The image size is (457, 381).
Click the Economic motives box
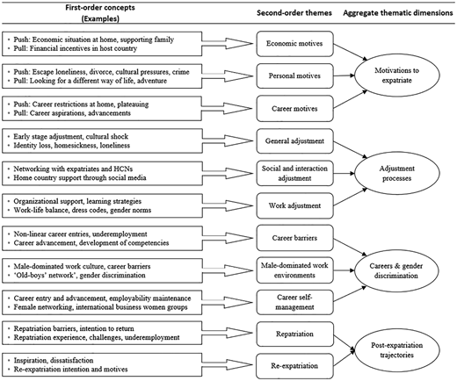click(x=294, y=44)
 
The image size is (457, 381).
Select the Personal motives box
click(x=294, y=76)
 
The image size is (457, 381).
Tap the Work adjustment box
click(x=294, y=205)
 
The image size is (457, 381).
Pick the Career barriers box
click(x=294, y=238)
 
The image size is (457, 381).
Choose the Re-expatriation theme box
click(x=294, y=366)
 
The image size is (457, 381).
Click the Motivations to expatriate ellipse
click(x=397, y=75)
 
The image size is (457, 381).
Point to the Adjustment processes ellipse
click(x=397, y=173)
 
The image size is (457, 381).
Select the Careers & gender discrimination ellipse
click(x=396, y=270)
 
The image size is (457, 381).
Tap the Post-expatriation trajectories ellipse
click(x=397, y=350)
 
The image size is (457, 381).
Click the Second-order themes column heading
click(x=294, y=13)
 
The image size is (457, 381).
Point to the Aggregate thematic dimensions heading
click(x=398, y=13)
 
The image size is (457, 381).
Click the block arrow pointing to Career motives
click(x=227, y=109)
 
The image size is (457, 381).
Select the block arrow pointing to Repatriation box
click(x=227, y=333)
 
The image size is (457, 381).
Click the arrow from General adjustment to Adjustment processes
click(x=351, y=150)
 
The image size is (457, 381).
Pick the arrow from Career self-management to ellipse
click(x=350, y=294)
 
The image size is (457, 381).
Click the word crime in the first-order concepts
click(x=181, y=72)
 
